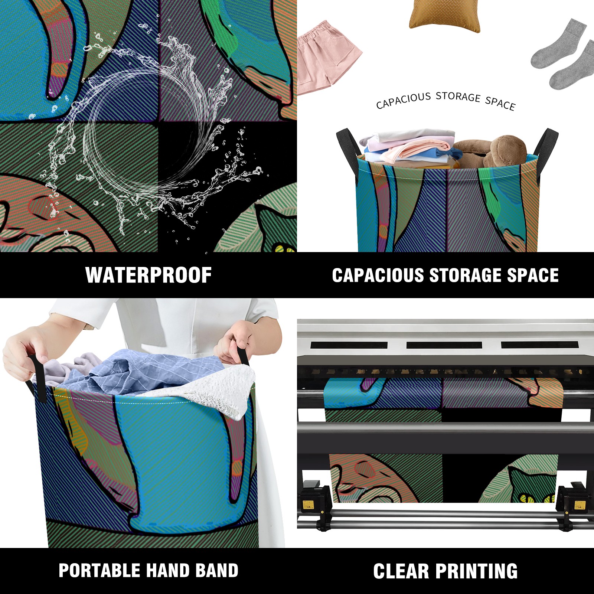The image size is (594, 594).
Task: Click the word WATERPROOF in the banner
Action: (x=148, y=275)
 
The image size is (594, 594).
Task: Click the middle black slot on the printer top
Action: (x=444, y=345)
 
